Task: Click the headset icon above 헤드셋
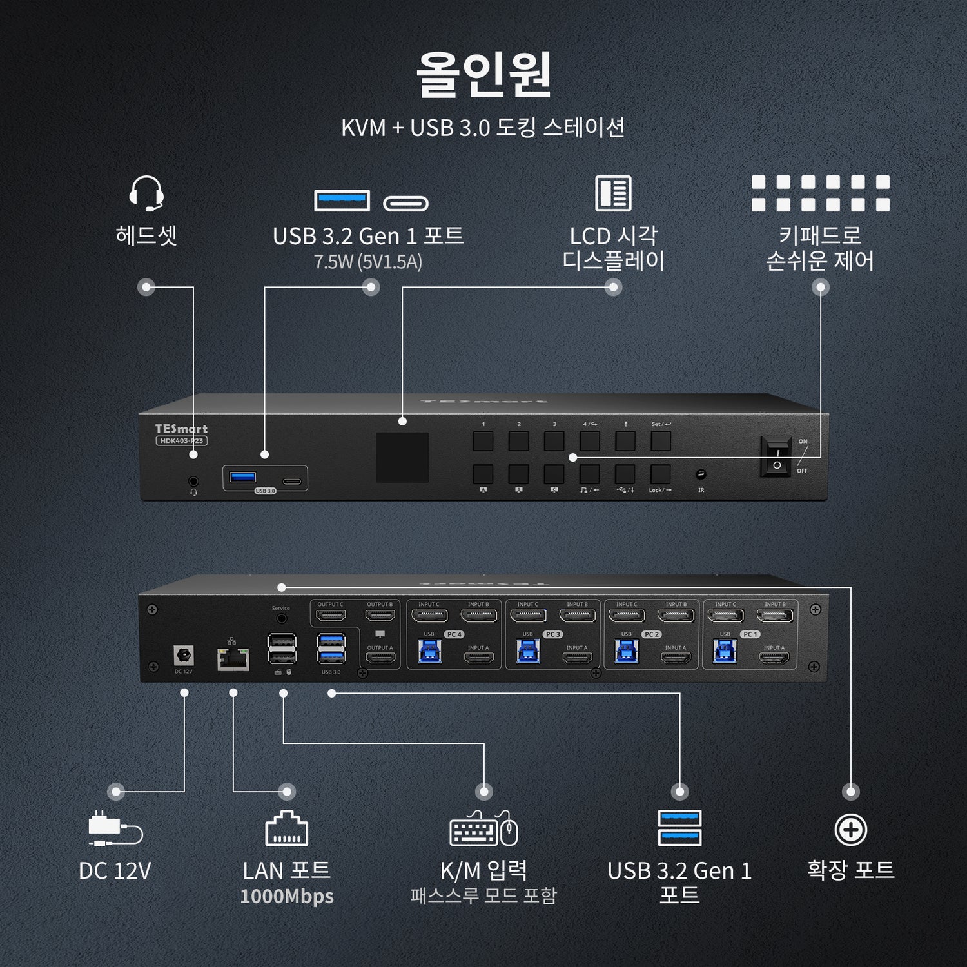click(x=146, y=193)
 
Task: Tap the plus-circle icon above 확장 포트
click(x=850, y=830)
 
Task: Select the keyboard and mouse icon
click(x=484, y=829)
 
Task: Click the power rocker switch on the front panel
click(x=776, y=456)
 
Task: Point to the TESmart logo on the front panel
click(x=181, y=429)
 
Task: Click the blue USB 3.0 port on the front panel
click(x=243, y=478)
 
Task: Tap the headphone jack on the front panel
click(x=193, y=481)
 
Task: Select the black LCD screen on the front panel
click(x=402, y=457)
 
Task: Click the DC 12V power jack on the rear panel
click(x=184, y=656)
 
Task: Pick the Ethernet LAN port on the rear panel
click(x=233, y=658)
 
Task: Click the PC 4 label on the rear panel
click(x=454, y=634)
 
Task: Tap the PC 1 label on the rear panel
click(x=750, y=634)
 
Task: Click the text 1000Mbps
click(x=287, y=896)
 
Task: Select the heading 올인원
click(x=484, y=74)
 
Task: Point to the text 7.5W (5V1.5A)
click(x=368, y=262)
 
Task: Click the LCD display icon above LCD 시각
click(x=613, y=193)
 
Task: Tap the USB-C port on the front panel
click(x=292, y=481)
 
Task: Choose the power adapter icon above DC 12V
click(x=115, y=828)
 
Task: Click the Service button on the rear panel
click(x=281, y=618)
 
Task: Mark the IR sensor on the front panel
click(x=701, y=475)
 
